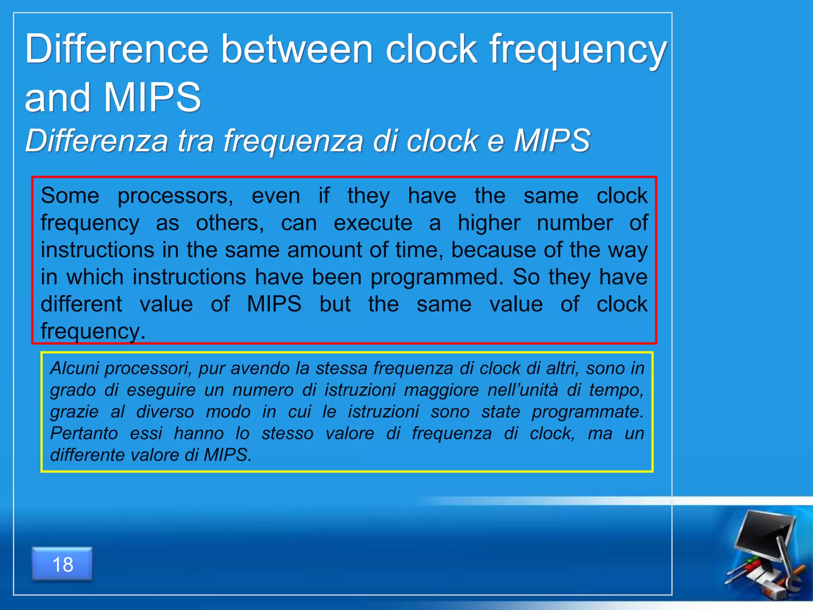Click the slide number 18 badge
point(62,564)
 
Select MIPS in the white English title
point(152,97)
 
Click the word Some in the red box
point(70,196)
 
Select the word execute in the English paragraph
point(373,223)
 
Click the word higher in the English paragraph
point(489,223)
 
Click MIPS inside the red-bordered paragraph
point(274,304)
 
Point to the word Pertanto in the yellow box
point(84,433)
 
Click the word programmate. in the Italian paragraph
point(588,412)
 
